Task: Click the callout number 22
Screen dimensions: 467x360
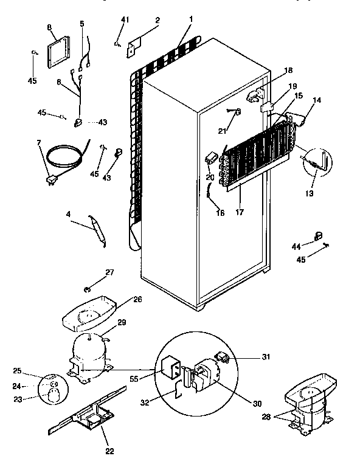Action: point(109,451)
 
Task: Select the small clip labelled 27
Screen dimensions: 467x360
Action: point(88,286)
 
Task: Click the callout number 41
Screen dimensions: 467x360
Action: point(125,20)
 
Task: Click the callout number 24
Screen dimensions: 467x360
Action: point(16,386)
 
